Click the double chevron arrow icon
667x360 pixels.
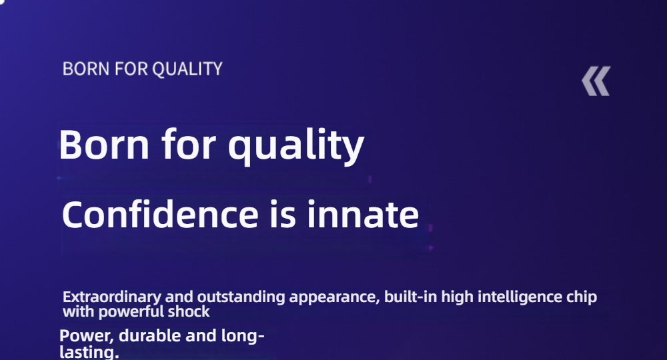pos(596,81)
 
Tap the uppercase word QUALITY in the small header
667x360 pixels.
pos(187,69)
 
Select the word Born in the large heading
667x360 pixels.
pos(105,145)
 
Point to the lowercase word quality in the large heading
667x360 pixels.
pos(296,147)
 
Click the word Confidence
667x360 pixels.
pos(160,214)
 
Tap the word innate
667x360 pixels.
pos(363,214)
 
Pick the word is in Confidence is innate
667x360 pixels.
pos(282,214)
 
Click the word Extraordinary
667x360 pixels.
pos(112,297)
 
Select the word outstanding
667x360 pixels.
pos(241,297)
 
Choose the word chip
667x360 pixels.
pos(582,297)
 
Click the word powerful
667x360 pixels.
pos(131,312)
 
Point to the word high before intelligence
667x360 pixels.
pos(458,297)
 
